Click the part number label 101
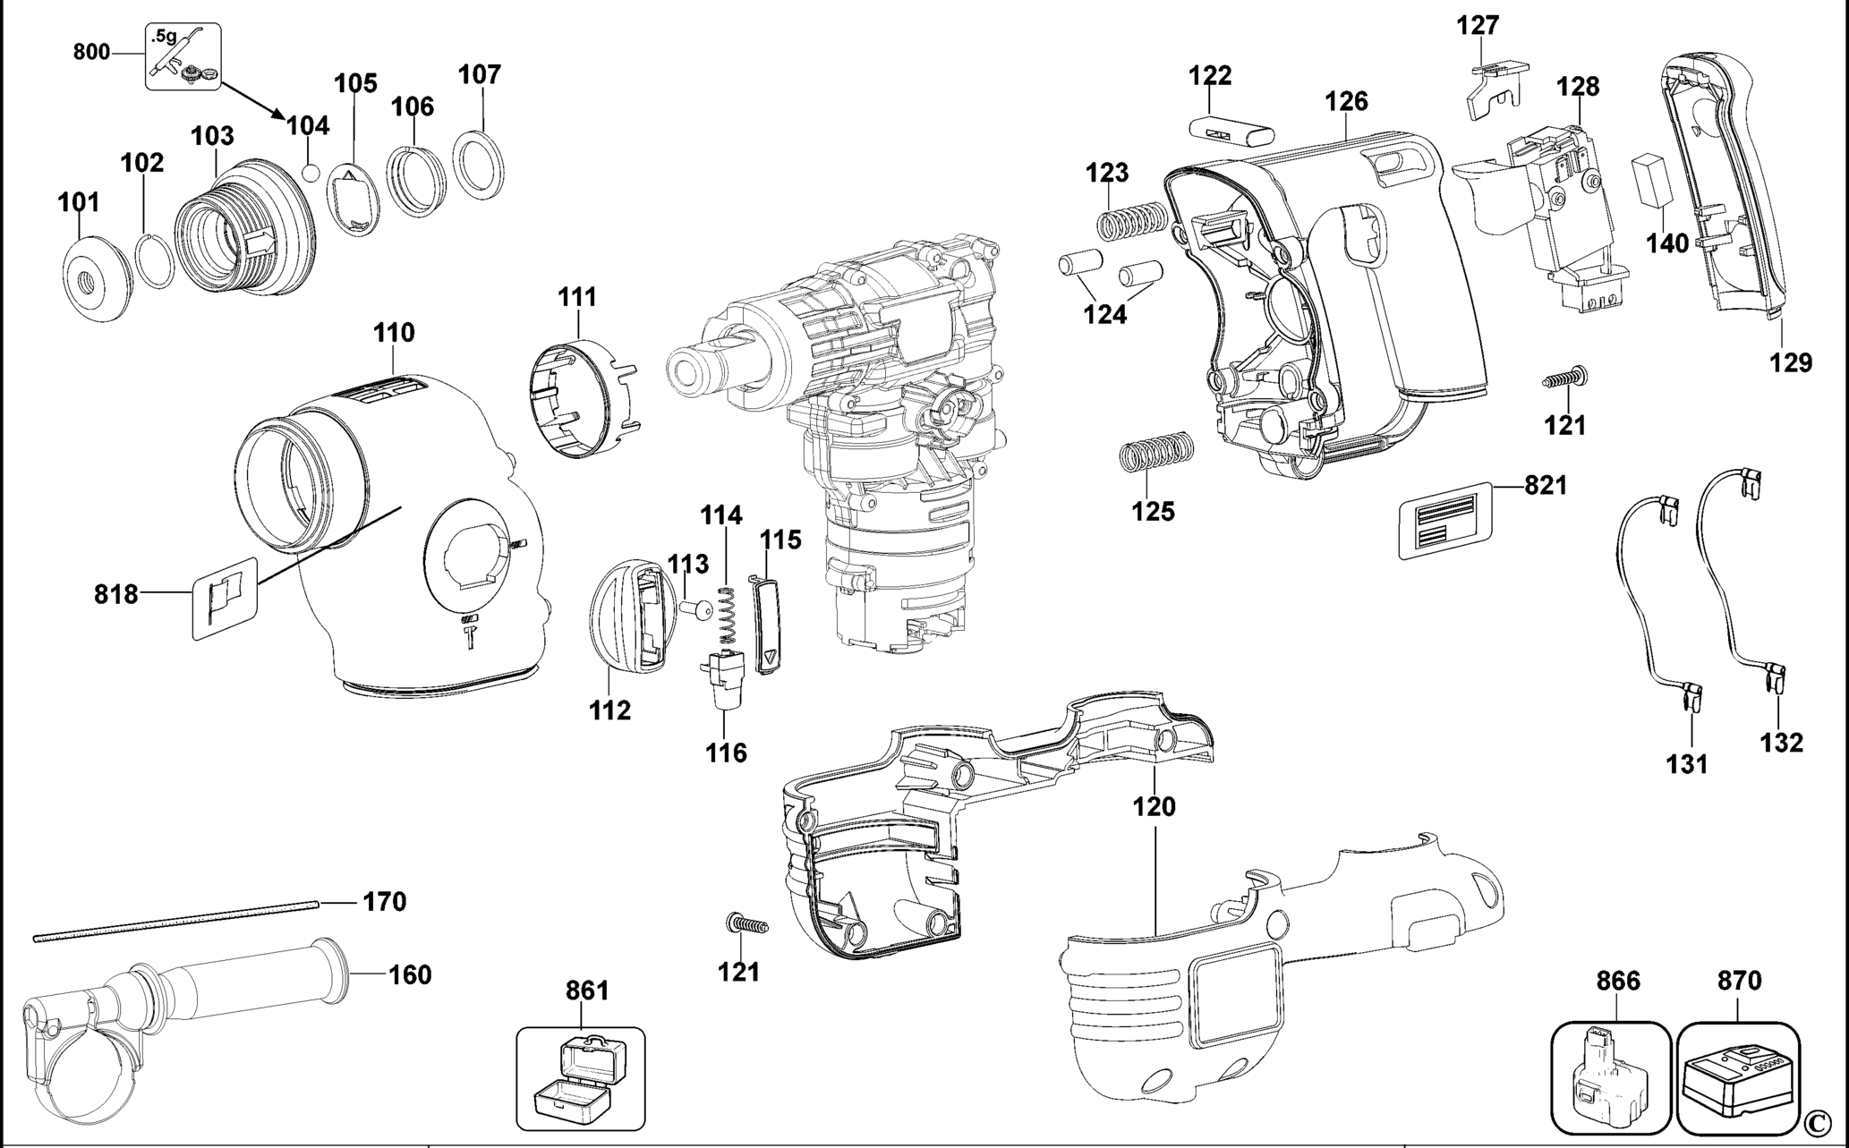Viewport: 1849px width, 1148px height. (x=79, y=202)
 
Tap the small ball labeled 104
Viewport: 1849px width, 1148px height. (x=311, y=171)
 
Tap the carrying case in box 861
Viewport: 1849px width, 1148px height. (x=580, y=1078)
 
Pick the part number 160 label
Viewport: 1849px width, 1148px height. (x=410, y=974)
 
